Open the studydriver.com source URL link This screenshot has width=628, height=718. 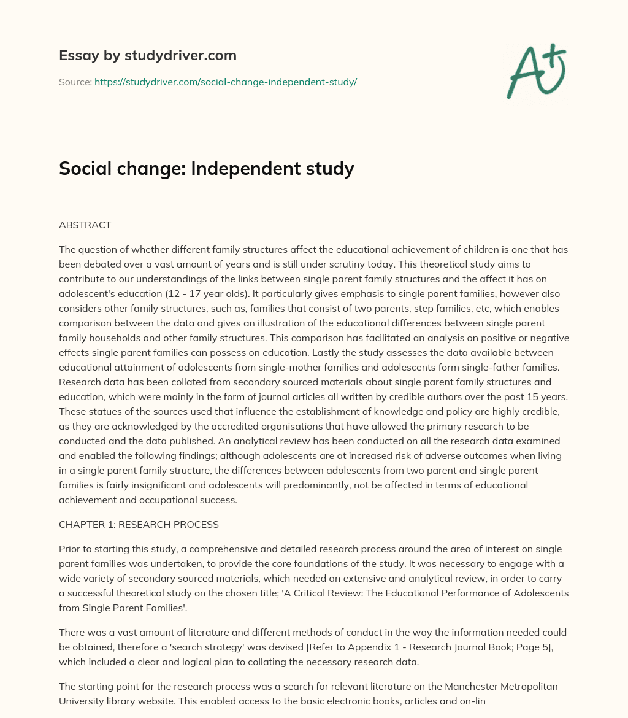click(225, 82)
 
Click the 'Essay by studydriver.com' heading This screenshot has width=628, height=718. click(147, 55)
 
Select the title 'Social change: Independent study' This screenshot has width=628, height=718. click(206, 168)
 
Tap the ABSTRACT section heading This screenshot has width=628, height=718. click(85, 225)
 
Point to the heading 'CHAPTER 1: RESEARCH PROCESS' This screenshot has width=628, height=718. click(139, 524)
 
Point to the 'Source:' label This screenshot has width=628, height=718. click(75, 82)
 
